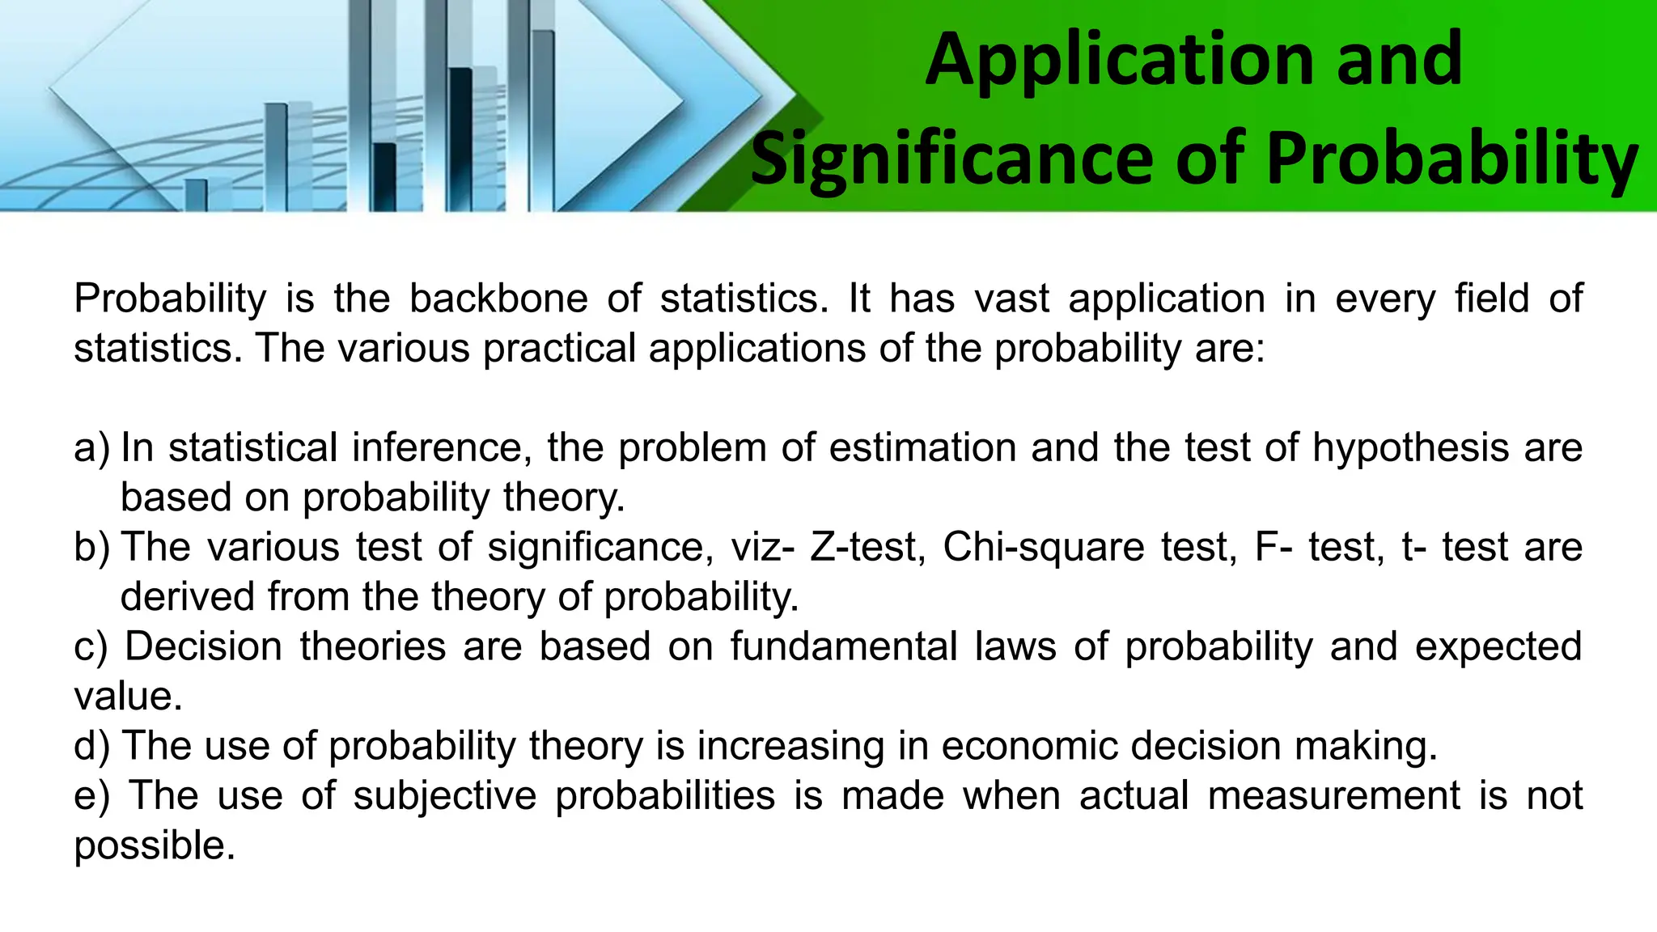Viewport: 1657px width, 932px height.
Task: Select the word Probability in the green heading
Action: coord(1451,159)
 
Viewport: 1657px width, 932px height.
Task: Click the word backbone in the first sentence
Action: coord(498,299)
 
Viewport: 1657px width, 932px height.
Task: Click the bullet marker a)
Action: coord(91,448)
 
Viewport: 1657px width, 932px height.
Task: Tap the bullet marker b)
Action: coord(91,548)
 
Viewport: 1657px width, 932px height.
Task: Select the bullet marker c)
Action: coord(91,647)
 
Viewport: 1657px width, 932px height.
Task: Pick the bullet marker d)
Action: coord(91,746)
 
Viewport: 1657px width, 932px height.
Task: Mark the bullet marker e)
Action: coord(91,796)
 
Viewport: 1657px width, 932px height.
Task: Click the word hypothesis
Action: coord(1410,448)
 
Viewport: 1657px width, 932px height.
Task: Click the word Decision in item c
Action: coord(204,647)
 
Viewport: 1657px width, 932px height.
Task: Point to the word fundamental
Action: coord(843,647)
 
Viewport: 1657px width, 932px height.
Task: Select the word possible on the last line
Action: coord(154,846)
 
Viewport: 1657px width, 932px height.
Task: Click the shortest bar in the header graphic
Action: coord(197,195)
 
